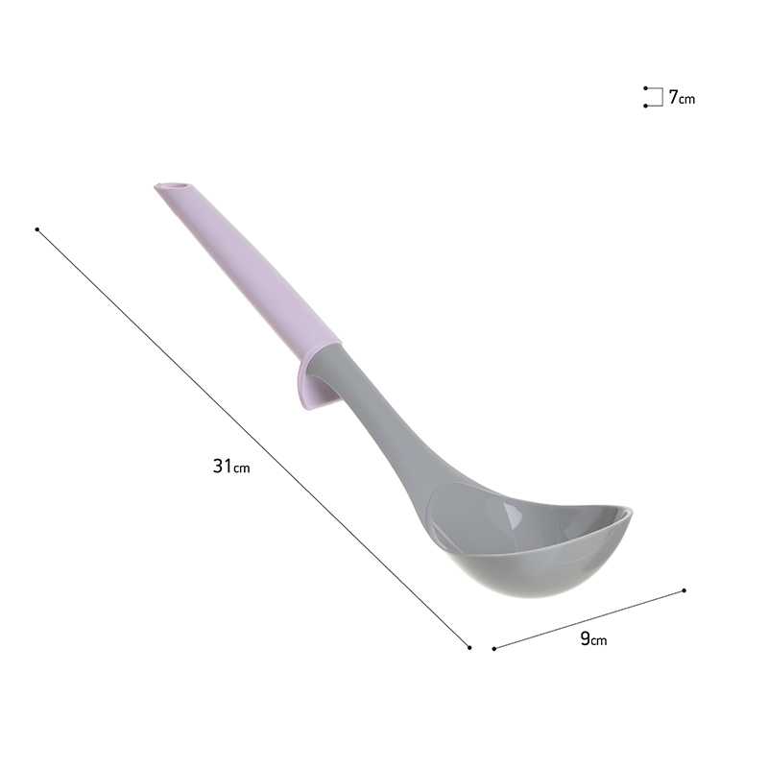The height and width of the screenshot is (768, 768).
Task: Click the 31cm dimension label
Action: click(231, 466)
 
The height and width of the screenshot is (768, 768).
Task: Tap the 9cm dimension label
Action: click(593, 638)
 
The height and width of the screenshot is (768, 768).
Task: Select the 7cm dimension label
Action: click(682, 98)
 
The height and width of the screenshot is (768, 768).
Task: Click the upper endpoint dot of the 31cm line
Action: click(37, 229)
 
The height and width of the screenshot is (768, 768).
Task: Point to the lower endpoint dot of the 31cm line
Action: click(469, 647)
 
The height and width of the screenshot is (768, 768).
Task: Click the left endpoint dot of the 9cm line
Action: click(494, 649)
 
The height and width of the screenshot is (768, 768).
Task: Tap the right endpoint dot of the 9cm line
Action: click(684, 590)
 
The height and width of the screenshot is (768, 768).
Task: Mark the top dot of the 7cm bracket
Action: click(645, 88)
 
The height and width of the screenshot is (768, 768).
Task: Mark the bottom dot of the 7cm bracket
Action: click(645, 106)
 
